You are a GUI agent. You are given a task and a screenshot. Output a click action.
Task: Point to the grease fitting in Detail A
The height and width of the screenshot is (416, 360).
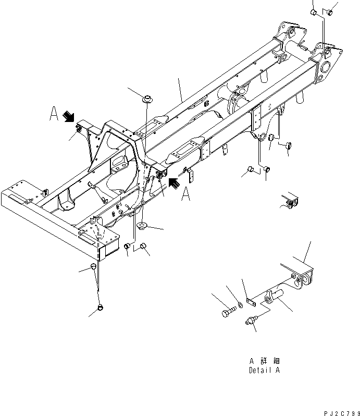[x=251, y=323]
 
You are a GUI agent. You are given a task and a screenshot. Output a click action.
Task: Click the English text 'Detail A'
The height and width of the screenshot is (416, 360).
[x=264, y=371]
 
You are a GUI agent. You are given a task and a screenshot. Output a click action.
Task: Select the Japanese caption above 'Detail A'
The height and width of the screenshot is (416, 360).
[x=264, y=361]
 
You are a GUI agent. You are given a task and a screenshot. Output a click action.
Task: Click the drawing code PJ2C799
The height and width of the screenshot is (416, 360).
[x=338, y=412]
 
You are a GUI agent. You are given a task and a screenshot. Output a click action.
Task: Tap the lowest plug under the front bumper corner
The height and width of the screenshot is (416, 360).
[x=101, y=308]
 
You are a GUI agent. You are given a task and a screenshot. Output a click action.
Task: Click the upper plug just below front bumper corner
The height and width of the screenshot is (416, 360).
[x=94, y=266]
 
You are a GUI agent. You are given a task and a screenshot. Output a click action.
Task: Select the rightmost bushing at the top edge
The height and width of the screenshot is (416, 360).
[x=329, y=12]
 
